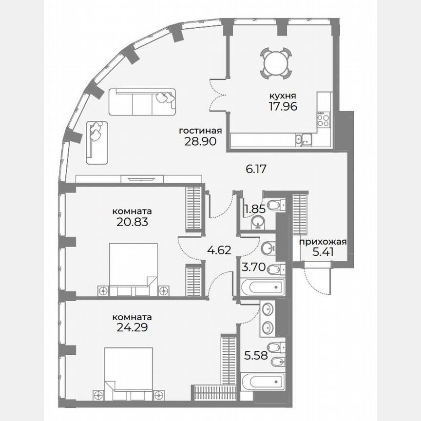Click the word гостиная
[200, 131]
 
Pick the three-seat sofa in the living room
[142, 101]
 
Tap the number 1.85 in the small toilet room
[254, 209]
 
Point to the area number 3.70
[253, 267]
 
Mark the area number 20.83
[130, 222]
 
